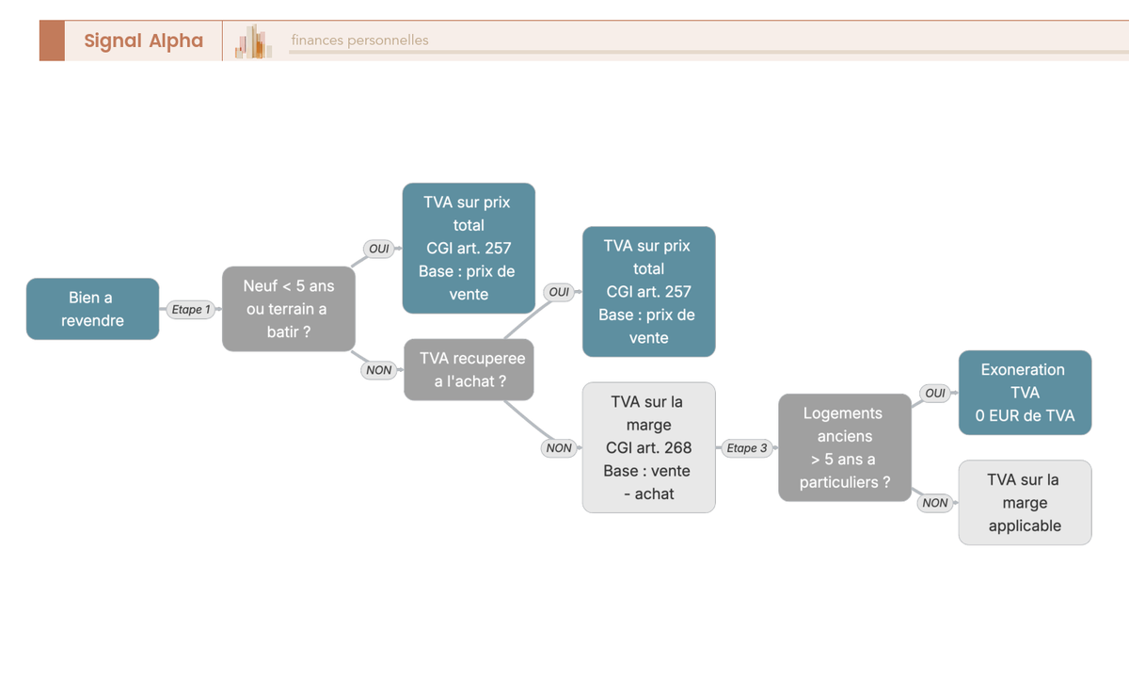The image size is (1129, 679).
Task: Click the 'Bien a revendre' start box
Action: coord(93,309)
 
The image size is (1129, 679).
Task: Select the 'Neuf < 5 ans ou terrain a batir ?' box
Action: coord(289,309)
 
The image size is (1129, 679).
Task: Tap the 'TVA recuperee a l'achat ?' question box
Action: coord(469,370)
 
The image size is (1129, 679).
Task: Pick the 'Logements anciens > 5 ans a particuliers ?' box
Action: coord(845,447)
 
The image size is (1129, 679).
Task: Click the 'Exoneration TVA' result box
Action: coord(1026,393)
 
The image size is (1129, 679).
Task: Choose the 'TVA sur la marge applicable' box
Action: coord(1026,503)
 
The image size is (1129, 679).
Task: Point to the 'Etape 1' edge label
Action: coord(191,309)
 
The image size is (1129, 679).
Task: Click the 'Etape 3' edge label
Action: coord(747,448)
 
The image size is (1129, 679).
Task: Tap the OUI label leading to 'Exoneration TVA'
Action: coord(935,393)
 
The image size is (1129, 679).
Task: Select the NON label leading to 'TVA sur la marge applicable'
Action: coord(935,503)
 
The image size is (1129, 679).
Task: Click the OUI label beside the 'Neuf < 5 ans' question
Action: coord(379,249)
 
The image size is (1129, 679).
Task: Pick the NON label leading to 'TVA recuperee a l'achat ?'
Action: coord(379,370)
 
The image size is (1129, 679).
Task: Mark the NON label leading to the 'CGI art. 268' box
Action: coord(559,448)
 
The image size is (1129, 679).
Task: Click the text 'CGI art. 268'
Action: coord(648,447)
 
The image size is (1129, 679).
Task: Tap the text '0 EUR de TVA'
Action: coord(1026,415)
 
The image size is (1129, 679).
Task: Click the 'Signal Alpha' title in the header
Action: coord(144,40)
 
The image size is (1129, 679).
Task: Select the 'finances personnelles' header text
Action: coord(359,40)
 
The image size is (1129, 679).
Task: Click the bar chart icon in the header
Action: coord(253,40)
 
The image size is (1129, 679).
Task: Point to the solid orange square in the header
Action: coord(52,40)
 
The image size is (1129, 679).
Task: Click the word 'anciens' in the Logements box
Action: coord(845,436)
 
